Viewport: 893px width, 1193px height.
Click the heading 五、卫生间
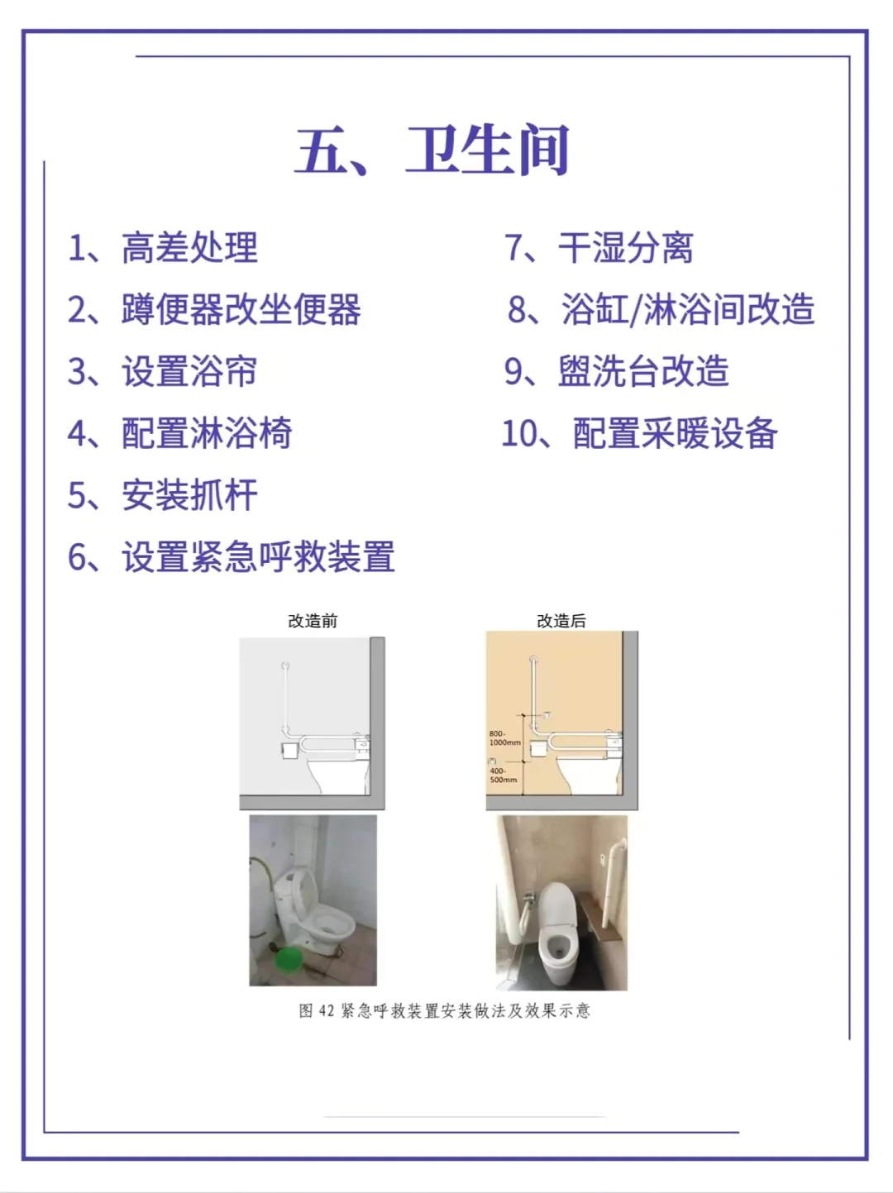[432, 150]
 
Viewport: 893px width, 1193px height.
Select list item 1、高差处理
[163, 248]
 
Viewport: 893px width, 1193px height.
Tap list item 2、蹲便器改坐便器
[214, 310]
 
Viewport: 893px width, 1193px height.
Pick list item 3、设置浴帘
[163, 371]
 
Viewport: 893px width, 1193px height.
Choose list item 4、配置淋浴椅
[180, 433]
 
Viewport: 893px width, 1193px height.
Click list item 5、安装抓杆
[163, 495]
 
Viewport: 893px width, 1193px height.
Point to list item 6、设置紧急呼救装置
[232, 557]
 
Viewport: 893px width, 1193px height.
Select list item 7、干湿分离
[599, 248]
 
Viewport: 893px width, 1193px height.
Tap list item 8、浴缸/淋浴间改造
[661, 310]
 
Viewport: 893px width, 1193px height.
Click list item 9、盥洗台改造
[617, 371]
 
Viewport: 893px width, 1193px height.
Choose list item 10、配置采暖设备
[639, 433]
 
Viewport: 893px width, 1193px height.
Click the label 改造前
[313, 621]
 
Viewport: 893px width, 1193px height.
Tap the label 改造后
[561, 621]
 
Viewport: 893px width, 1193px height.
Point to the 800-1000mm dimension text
[504, 738]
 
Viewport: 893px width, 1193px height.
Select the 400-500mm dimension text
[503, 775]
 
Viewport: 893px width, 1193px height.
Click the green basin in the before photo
[289, 959]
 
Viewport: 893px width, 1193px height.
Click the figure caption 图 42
[445, 1010]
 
